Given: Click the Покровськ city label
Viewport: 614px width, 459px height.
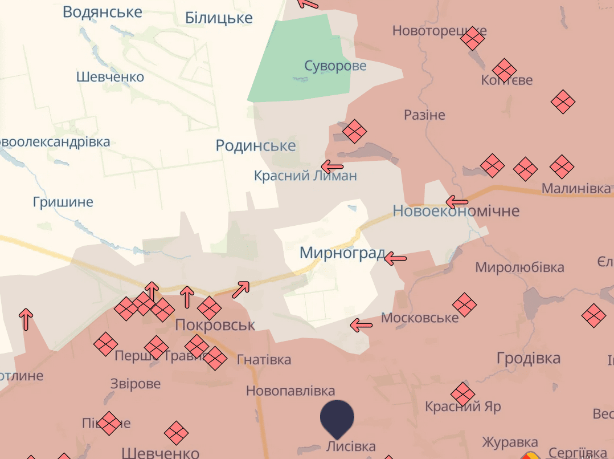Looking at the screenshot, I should click(215, 325).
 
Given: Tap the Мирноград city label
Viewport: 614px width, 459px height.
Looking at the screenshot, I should click(342, 253).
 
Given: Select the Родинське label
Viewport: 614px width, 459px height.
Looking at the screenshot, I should click(256, 146).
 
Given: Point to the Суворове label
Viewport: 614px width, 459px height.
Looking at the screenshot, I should click(335, 66).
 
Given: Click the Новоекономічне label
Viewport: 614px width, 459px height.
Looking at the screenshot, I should click(456, 211).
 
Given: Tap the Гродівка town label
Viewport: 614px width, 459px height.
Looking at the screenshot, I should click(529, 358).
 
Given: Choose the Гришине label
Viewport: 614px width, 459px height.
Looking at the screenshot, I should click(63, 202).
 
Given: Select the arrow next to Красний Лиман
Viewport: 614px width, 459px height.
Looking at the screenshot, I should click(332, 167).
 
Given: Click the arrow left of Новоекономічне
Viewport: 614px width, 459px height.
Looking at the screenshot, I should click(457, 202).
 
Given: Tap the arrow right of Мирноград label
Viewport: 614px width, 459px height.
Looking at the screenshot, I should click(395, 259).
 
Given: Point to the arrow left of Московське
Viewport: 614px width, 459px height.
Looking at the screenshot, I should click(361, 326).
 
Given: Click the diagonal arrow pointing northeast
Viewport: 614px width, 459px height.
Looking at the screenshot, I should click(241, 289).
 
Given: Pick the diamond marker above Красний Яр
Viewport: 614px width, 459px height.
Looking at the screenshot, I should click(462, 394).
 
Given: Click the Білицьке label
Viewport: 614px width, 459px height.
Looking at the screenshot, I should click(219, 18).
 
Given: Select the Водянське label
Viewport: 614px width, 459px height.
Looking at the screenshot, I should click(103, 12).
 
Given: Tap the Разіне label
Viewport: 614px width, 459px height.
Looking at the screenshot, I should click(424, 115).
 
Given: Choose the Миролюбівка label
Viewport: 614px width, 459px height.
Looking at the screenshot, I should click(519, 267).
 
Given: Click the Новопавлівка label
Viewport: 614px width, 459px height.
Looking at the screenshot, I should click(290, 391).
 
